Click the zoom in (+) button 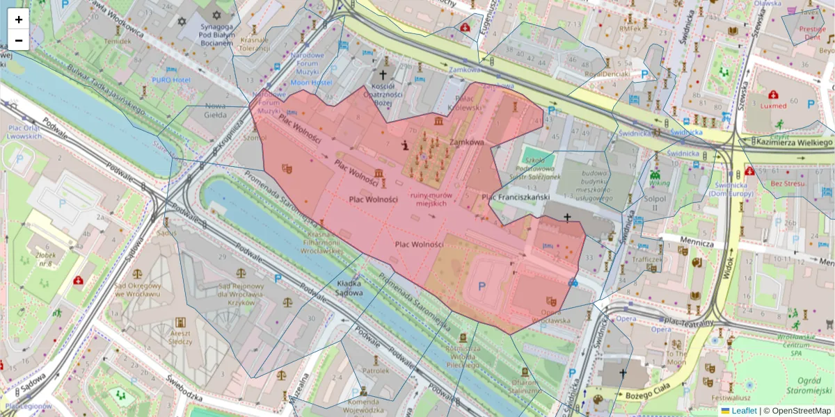click(18, 19)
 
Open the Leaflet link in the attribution click(744, 411)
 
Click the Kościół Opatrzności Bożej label click(383, 92)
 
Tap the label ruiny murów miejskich click(431, 200)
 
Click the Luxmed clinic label click(773, 106)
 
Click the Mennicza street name click(698, 244)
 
